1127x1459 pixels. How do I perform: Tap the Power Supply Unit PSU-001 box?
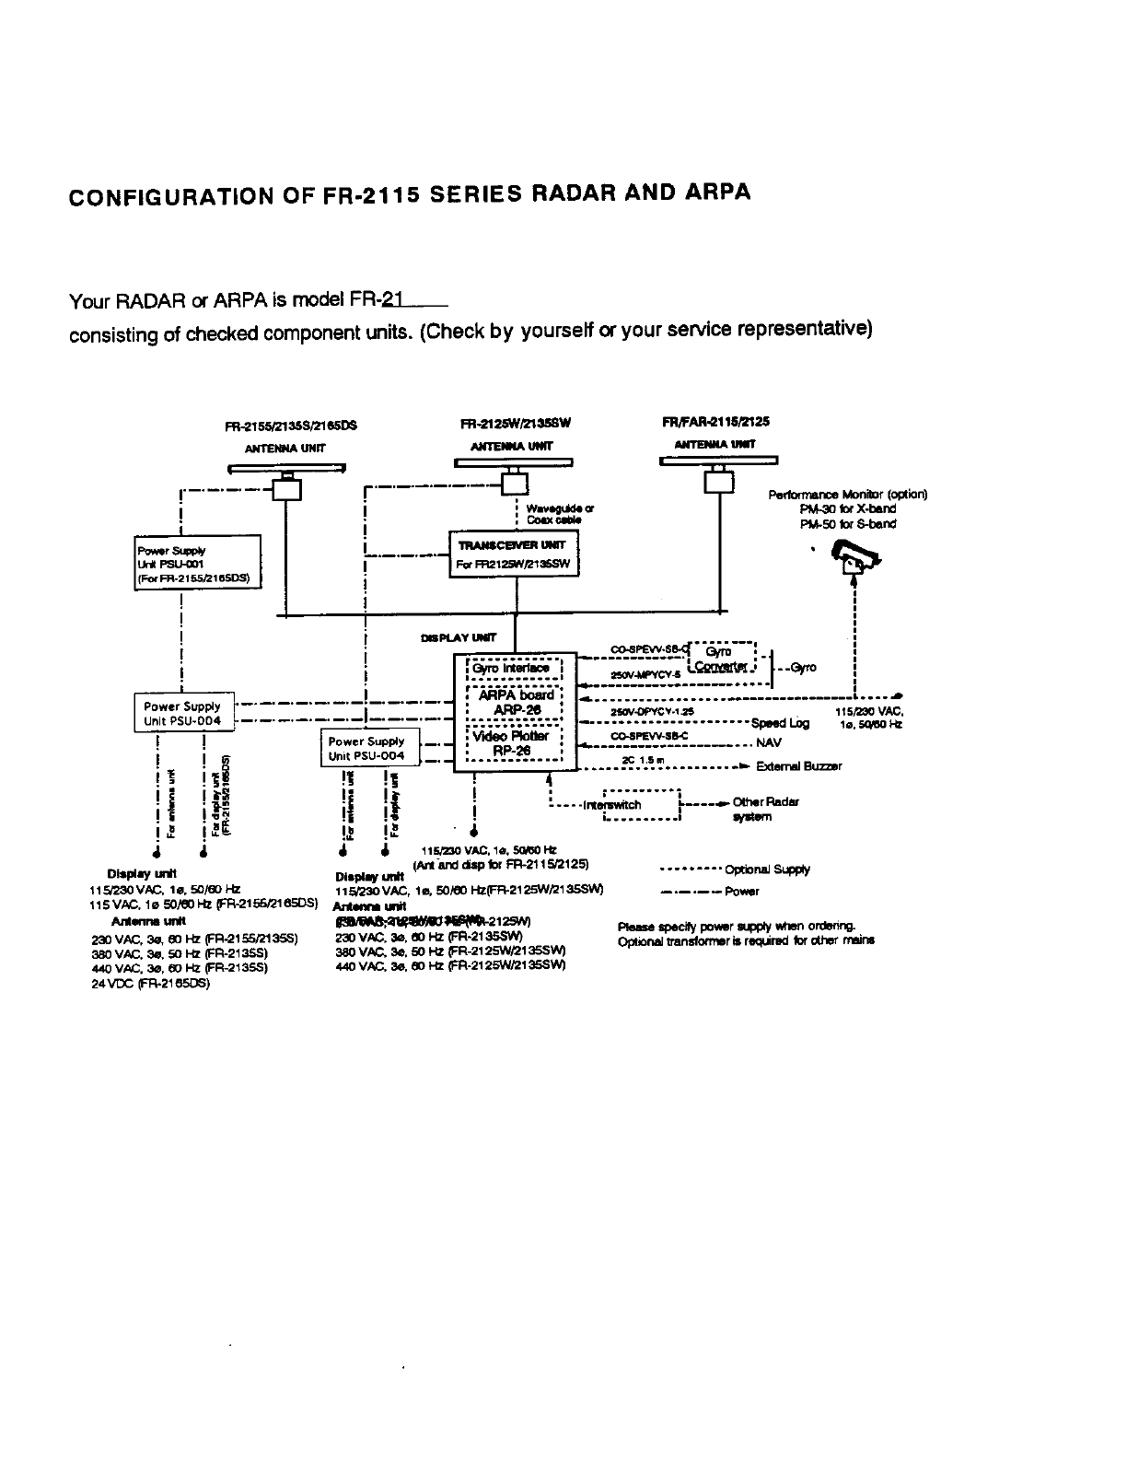[197, 564]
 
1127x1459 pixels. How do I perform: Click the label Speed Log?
[780, 723]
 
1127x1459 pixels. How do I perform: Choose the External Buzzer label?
[798, 766]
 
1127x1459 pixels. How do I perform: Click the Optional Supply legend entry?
[767, 869]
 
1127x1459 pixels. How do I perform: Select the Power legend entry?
[742, 891]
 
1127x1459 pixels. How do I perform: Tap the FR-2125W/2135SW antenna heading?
[516, 424]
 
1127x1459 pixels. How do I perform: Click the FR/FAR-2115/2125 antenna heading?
[715, 422]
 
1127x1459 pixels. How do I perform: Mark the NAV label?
[769, 742]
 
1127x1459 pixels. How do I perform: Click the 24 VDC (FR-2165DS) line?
[151, 983]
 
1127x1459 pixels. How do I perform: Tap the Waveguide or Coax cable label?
[560, 514]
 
